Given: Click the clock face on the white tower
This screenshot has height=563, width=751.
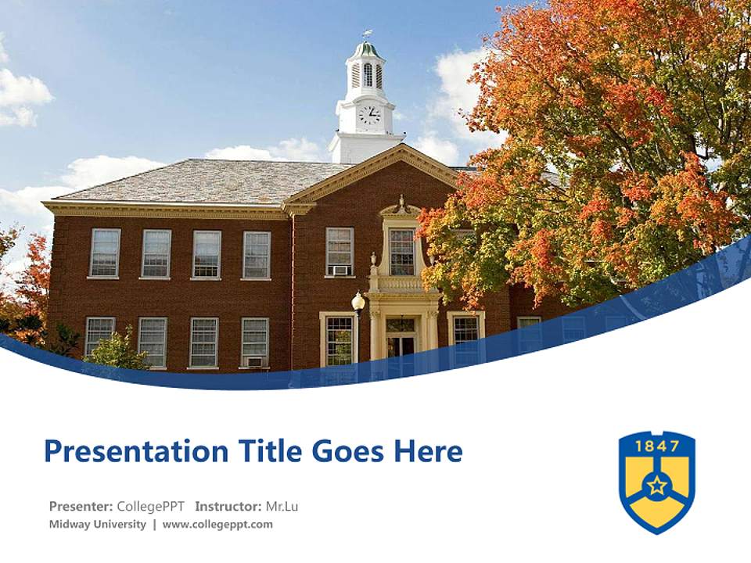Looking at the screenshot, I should pos(368,115).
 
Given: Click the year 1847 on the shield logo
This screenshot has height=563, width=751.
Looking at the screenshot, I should pos(657,446).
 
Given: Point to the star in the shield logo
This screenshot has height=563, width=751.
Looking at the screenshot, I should pos(657,486).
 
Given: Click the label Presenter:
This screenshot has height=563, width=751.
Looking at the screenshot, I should pos(81,506).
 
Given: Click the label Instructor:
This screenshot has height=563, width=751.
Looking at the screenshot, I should pos(228,506).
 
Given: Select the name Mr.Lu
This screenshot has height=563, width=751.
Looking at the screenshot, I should pos(282,506).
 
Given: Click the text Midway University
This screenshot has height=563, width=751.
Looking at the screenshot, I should pos(97,524).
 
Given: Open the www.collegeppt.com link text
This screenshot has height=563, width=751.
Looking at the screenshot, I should pos(217,524).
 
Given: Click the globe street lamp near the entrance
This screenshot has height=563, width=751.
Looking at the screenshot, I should pos(358,300).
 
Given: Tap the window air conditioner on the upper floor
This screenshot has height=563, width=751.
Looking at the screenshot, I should pos(340,271).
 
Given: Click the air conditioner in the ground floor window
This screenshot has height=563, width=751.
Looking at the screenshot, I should pos(254,361).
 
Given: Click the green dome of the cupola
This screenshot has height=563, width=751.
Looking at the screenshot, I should pos(366,50).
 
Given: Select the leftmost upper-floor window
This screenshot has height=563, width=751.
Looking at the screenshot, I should pos(105,253).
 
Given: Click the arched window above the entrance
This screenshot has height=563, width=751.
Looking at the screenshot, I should pos(402,251).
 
